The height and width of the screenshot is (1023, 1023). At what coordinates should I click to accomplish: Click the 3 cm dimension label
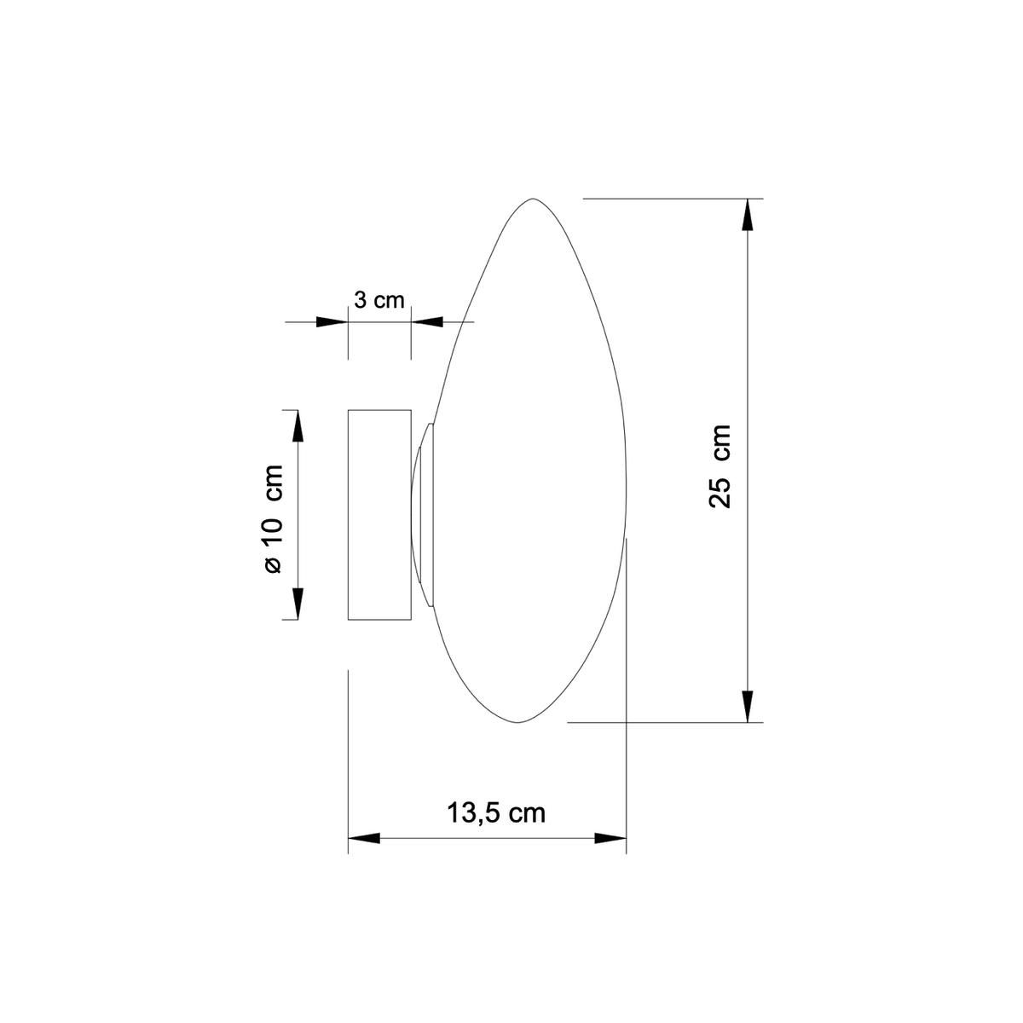pos(379,300)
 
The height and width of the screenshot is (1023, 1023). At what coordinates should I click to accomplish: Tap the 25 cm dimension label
pos(720,466)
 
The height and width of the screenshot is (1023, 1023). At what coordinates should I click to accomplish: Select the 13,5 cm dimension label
pos(496,812)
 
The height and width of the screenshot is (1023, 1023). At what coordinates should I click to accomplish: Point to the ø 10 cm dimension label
pos(273,518)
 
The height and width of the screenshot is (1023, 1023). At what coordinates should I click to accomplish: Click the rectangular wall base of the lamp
pos(379,514)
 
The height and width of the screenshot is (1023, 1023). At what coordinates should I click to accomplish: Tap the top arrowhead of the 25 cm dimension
pos(747,215)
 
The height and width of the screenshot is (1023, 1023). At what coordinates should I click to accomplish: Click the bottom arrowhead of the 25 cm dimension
pos(747,707)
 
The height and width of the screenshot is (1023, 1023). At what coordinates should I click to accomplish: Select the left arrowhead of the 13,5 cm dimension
pos(364,838)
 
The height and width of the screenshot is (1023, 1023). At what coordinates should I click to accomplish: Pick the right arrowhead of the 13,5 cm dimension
pos(610,838)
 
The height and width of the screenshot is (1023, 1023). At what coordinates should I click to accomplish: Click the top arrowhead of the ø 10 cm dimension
pos(298,425)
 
